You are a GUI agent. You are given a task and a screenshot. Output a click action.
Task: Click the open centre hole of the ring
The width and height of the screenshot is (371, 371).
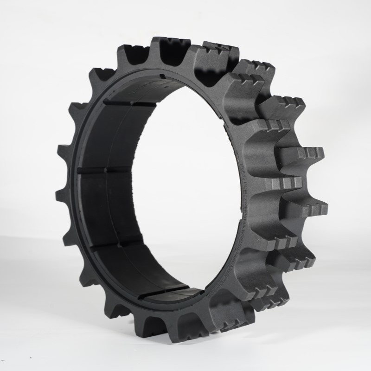click(185, 185)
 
